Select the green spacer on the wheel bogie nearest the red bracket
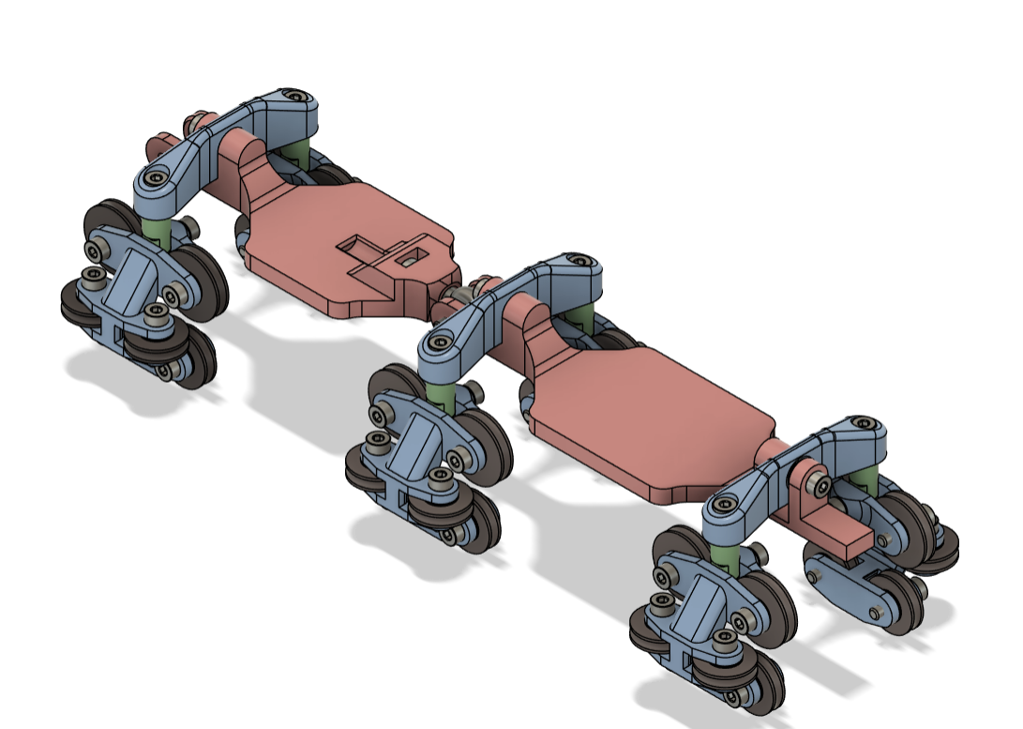(x=726, y=553)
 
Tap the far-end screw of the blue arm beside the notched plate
(x=297, y=97)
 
